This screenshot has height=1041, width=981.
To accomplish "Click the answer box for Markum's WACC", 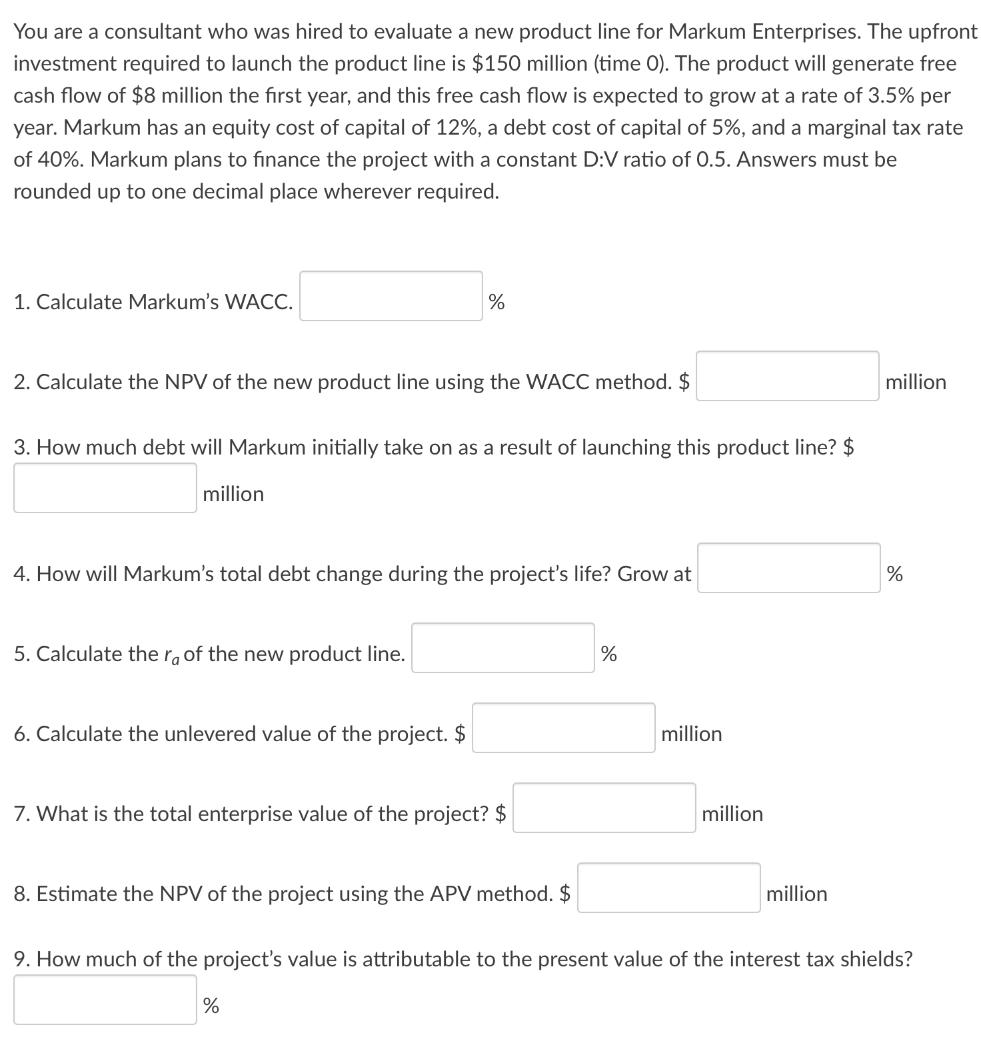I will click(x=391, y=296).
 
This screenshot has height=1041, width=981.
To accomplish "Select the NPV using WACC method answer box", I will click(x=787, y=376).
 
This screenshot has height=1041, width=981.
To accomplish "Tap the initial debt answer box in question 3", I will click(x=105, y=488).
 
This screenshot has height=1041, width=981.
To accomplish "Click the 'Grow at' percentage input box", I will click(x=788, y=568).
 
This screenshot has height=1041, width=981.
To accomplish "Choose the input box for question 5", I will click(x=502, y=648).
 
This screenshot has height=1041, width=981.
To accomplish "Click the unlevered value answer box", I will click(x=563, y=728).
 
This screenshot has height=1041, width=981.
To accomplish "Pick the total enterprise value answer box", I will click(x=604, y=808).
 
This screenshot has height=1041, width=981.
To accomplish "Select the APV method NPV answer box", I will click(x=668, y=888).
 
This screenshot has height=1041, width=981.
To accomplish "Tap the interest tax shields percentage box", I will click(x=105, y=1000).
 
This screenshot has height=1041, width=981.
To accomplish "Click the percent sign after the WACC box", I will click(x=496, y=303).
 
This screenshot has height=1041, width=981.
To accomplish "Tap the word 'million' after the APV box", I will click(x=796, y=894).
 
